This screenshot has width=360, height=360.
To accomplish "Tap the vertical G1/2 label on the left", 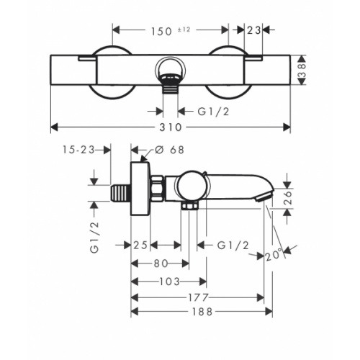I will coord(94,238).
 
